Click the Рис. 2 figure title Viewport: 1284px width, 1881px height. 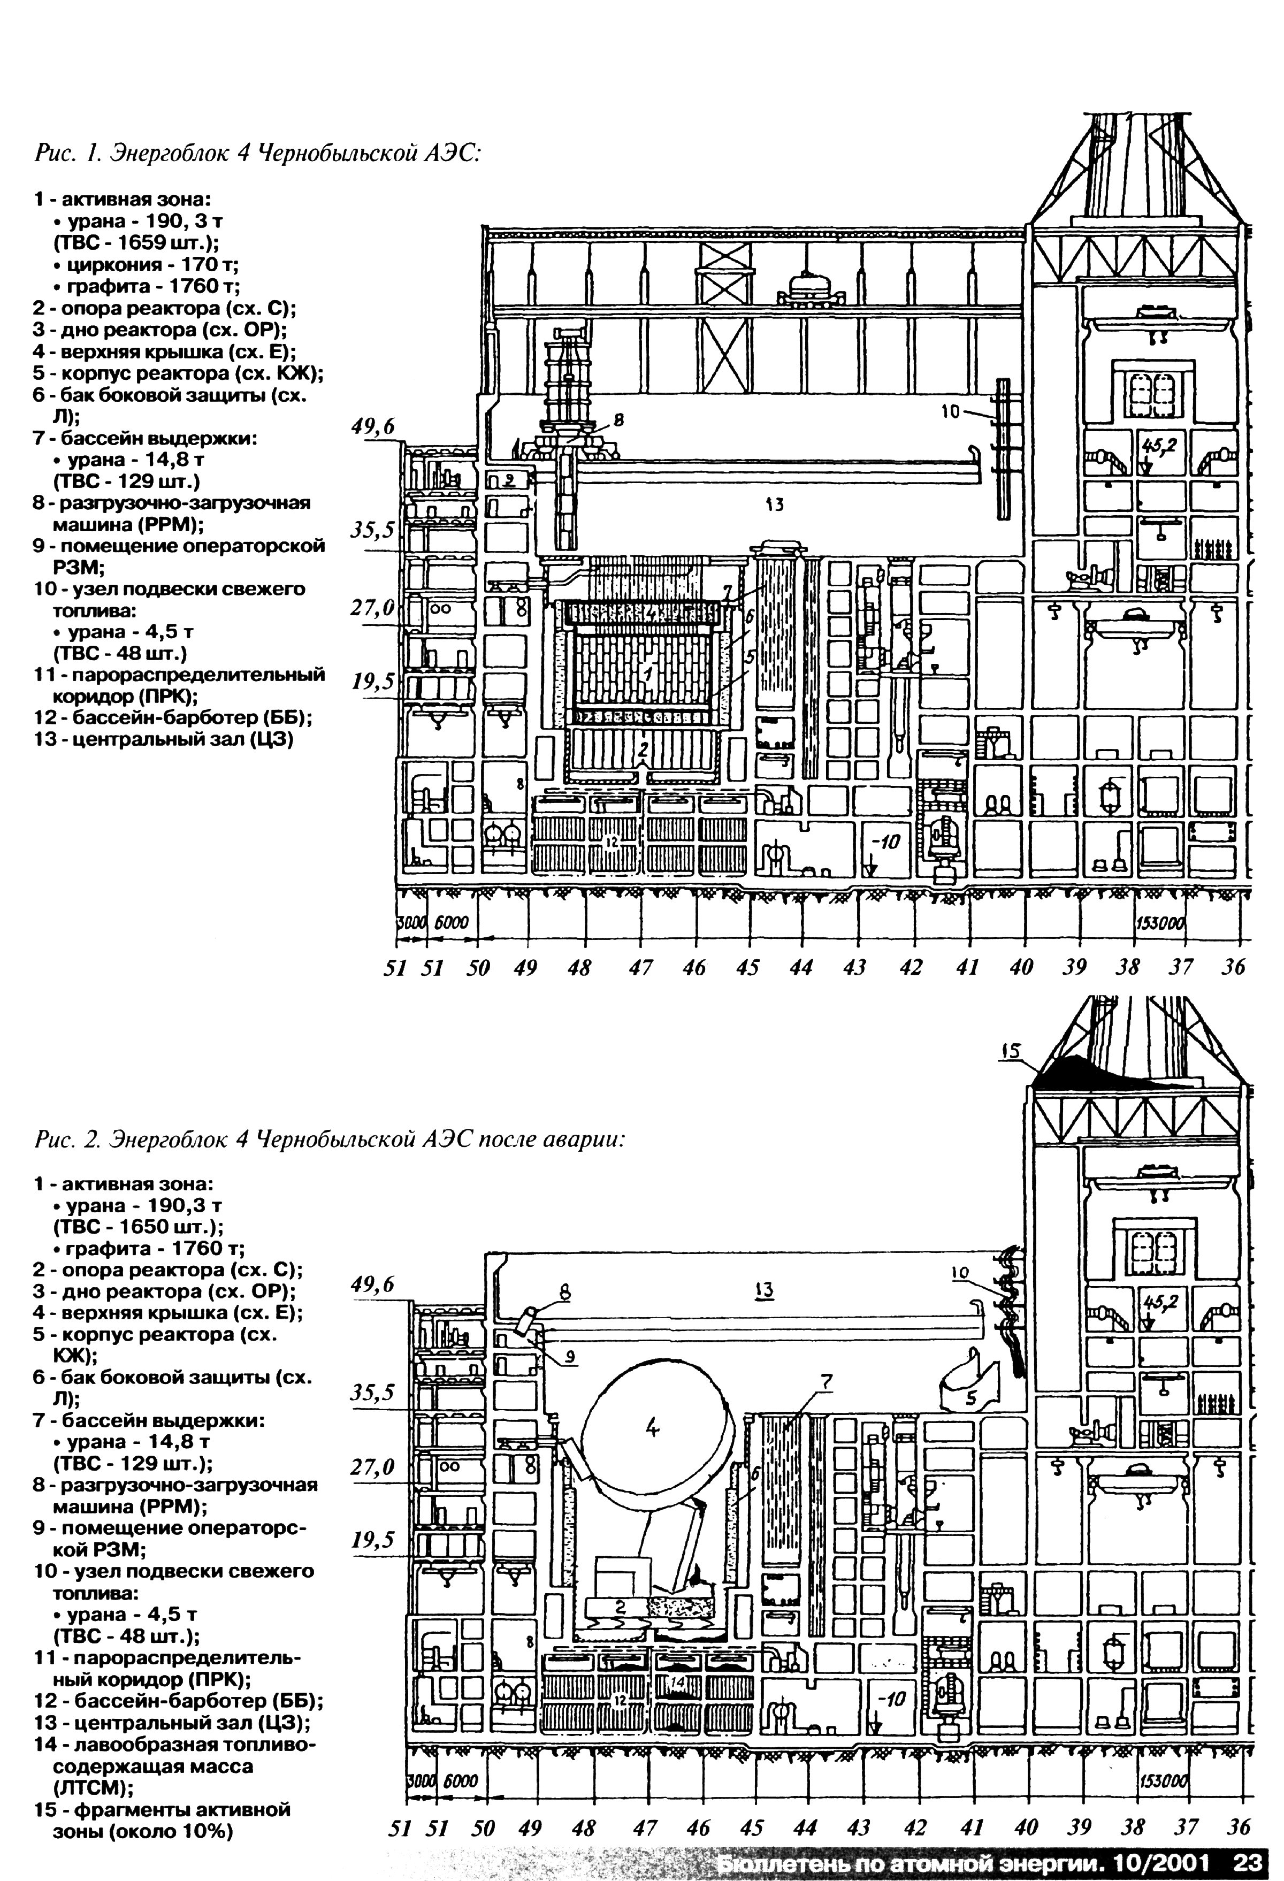coord(330,1139)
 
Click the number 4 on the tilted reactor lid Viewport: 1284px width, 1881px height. coord(653,1430)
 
